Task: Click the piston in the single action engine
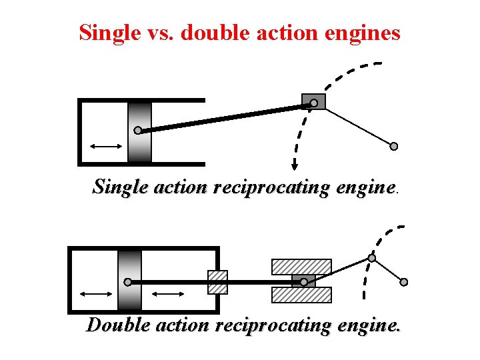[x=140, y=131]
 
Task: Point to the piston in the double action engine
[x=130, y=280]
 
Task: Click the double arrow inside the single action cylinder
[x=106, y=146]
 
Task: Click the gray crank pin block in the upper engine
[x=313, y=102]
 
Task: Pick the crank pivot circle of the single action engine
[x=393, y=146]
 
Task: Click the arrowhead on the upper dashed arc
[x=293, y=167]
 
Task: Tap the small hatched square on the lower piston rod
[x=217, y=282]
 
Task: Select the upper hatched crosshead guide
[x=301, y=267]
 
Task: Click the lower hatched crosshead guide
[x=301, y=295]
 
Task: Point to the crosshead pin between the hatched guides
[x=304, y=281]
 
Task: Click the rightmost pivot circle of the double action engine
[x=403, y=282]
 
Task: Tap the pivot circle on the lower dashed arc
[x=372, y=258]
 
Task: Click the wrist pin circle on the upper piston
[x=137, y=130]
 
